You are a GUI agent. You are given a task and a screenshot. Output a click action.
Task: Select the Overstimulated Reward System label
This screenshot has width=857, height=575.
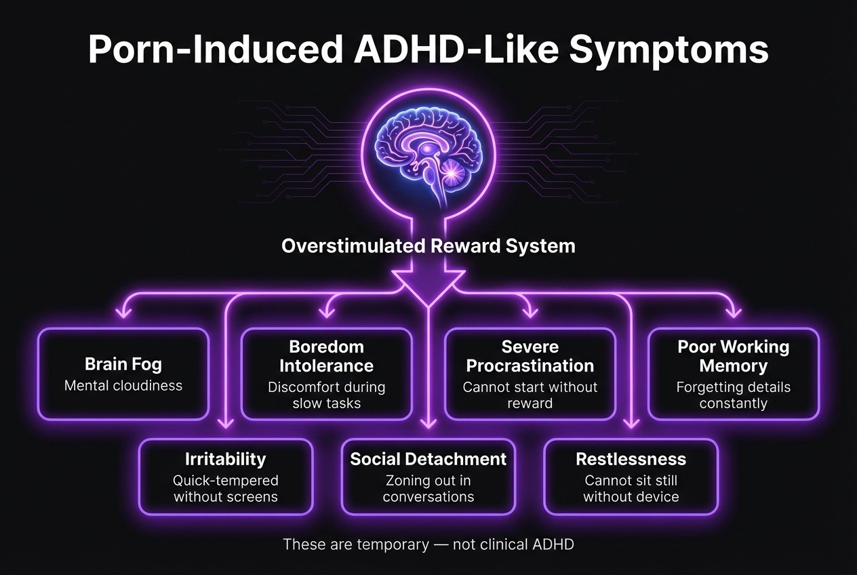428,245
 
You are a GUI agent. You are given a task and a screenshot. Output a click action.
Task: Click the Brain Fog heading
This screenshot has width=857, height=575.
123,364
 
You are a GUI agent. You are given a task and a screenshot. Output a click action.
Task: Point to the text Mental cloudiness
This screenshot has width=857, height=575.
123,386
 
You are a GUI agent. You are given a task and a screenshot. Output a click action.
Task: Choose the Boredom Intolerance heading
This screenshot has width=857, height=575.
326,357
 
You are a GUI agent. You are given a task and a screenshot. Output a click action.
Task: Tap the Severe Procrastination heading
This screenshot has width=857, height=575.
530,357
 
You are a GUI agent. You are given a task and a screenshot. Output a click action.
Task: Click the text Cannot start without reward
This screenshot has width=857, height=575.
530,395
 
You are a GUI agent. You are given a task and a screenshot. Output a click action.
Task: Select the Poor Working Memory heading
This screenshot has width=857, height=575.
733,357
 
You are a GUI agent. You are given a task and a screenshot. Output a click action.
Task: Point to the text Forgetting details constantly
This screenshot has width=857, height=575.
733,395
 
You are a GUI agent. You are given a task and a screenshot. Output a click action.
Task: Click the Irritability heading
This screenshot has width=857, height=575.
226,459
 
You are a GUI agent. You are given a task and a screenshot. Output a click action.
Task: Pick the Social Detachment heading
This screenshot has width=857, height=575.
428,459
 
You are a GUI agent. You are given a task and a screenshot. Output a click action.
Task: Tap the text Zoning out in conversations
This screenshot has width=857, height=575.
428,489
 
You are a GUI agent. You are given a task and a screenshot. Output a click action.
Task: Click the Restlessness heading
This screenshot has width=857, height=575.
631,459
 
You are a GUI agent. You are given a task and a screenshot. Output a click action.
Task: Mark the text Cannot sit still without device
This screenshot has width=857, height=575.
631,489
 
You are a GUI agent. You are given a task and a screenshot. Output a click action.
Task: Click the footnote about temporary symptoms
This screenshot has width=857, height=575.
428,544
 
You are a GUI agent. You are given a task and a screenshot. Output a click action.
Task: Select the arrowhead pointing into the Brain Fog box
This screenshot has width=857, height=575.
123,313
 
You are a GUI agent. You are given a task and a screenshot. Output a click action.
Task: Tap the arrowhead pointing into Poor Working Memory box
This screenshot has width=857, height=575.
733,313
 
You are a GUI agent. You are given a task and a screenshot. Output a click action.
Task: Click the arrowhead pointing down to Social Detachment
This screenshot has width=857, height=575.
428,424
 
